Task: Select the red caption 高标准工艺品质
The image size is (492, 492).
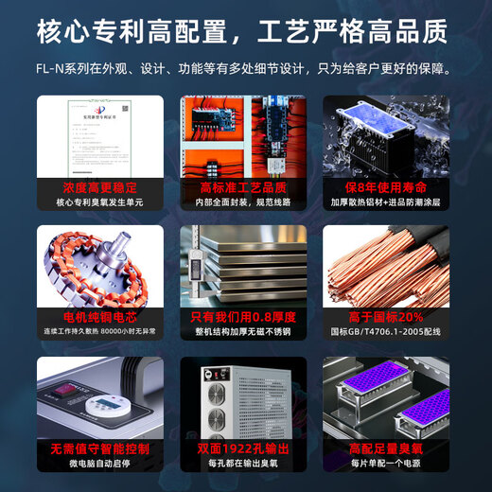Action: click(x=245, y=187)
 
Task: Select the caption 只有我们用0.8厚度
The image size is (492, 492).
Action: click(x=245, y=317)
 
